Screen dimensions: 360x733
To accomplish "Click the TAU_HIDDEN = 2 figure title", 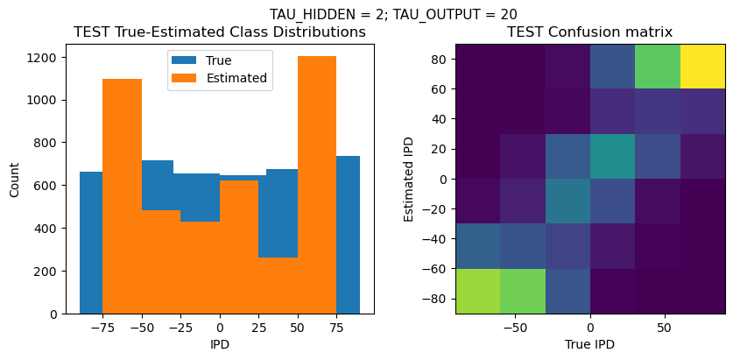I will tap(393, 14).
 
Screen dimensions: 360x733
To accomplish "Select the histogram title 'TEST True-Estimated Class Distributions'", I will tap(220, 32).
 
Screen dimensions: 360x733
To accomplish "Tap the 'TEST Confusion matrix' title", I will tap(590, 32).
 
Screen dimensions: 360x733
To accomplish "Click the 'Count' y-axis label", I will tap(15, 179).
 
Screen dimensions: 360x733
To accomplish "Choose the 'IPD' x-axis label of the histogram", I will tap(220, 344).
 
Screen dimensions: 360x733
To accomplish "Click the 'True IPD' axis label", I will tap(590, 344).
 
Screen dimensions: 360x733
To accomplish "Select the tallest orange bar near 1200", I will tap(317, 185).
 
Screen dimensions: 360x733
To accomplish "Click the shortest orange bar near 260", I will tap(278, 286).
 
